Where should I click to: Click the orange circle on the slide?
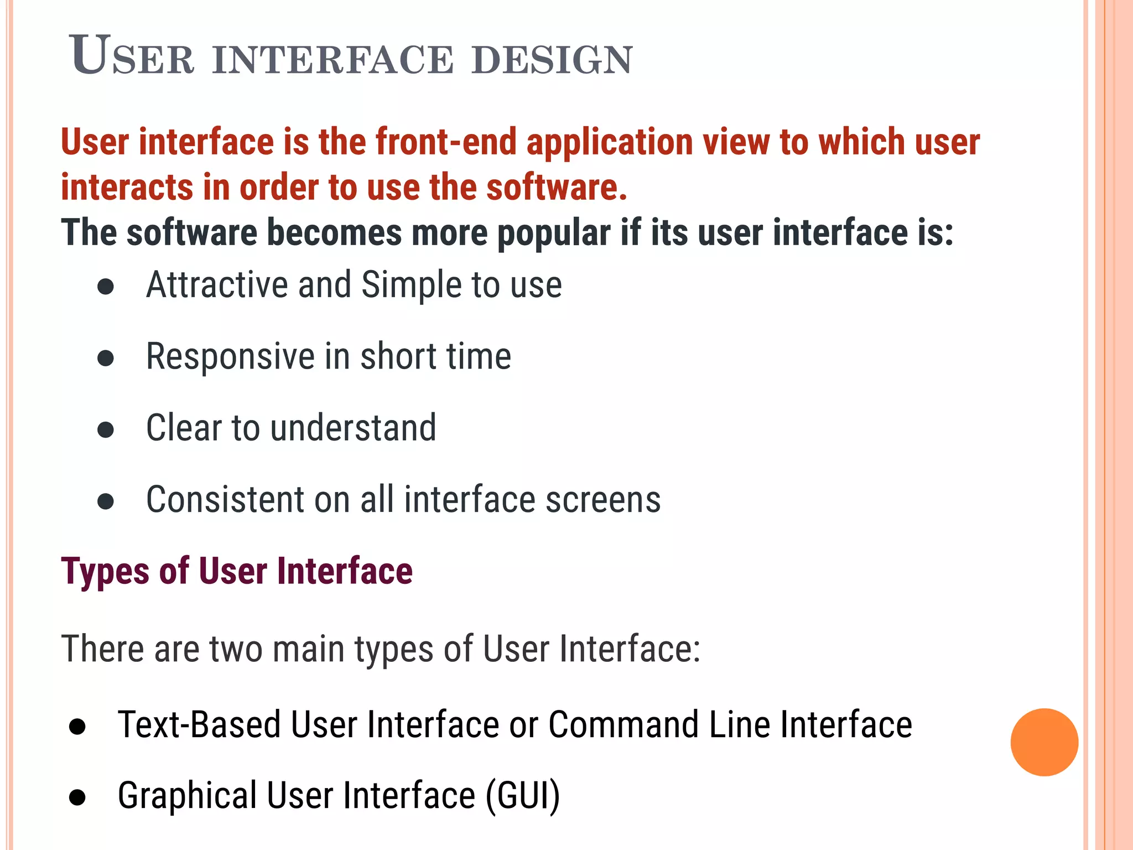pos(1044,742)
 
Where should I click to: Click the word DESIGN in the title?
pos(552,60)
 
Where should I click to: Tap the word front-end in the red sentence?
pos(445,142)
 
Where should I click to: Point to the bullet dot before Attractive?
pos(106,287)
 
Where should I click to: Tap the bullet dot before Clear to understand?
pos(106,430)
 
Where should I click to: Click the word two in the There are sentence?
pos(236,649)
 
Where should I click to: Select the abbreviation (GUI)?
pos(522,796)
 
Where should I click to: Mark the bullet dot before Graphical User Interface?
pos(77,797)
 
